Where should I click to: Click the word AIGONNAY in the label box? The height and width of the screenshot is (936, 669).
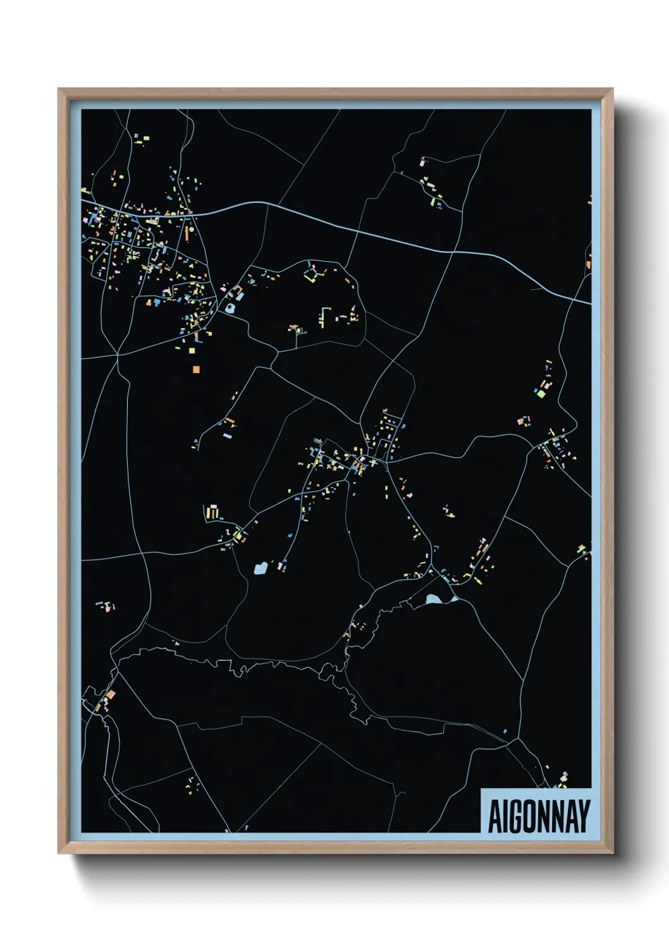coord(539,816)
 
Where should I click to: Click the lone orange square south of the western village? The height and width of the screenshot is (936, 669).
coord(196,369)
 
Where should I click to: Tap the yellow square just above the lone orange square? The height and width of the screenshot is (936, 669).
coord(192,350)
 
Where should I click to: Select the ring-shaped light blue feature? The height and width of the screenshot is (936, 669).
coord(230,309)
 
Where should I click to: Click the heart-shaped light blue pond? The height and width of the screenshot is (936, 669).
coord(260,569)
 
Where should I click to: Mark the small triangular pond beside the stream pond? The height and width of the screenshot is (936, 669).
coord(453,598)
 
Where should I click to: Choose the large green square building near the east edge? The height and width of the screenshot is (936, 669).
coord(541,393)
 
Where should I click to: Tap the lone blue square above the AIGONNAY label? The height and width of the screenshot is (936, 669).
coord(505,731)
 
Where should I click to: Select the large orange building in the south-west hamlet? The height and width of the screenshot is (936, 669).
coord(110,694)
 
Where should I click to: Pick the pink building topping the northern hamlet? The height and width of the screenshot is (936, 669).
coord(422,163)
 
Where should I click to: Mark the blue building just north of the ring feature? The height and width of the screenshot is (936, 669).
coord(240,295)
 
